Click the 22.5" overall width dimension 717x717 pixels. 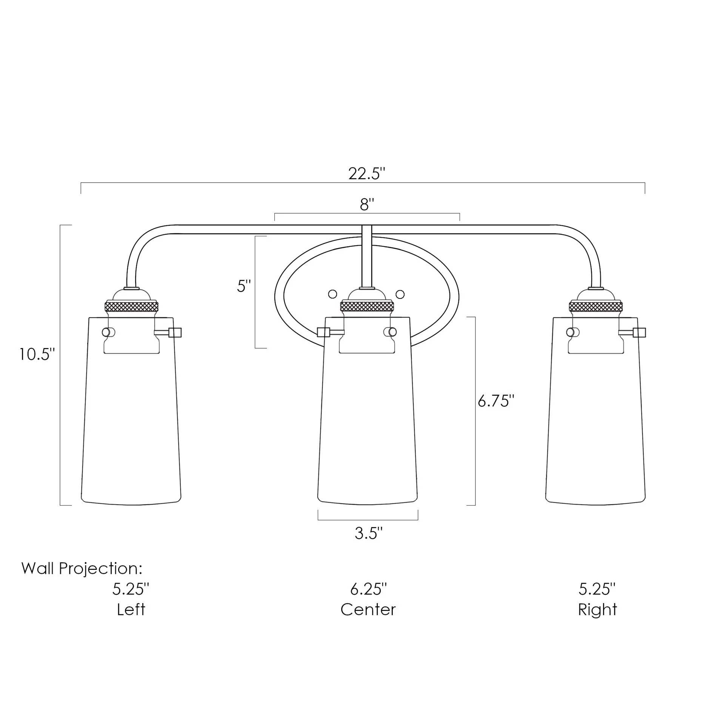(366, 174)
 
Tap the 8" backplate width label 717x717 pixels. (366, 205)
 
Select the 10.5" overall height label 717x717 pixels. (37, 354)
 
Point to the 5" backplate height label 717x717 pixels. (244, 286)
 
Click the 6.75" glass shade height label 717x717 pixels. (496, 401)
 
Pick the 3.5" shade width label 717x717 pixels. (368, 534)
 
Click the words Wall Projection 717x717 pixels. (82, 568)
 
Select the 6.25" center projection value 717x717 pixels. (368, 589)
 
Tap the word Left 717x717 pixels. (131, 610)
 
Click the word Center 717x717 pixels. (368, 610)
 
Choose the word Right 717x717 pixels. (597, 610)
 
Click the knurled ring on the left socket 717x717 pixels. (131, 306)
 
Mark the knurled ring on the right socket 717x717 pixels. (596, 306)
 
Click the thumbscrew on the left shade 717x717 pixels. (175, 332)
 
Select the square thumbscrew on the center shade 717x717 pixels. (323, 332)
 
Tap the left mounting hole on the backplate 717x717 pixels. (332, 294)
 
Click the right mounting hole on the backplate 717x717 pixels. (400, 294)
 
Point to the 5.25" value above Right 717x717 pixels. (597, 589)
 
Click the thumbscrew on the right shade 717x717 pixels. (639, 332)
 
